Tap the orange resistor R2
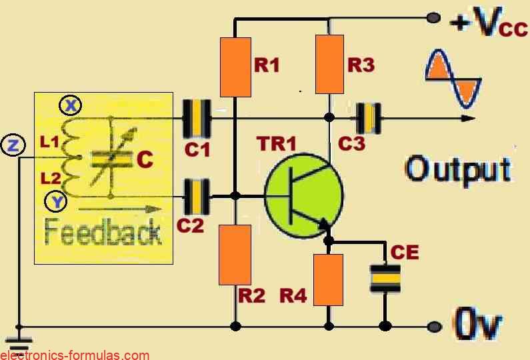(235, 255)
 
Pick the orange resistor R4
(329, 279)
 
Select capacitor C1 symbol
(197, 119)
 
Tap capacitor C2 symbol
(197, 196)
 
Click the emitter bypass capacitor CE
(385, 278)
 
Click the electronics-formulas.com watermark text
(75, 355)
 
